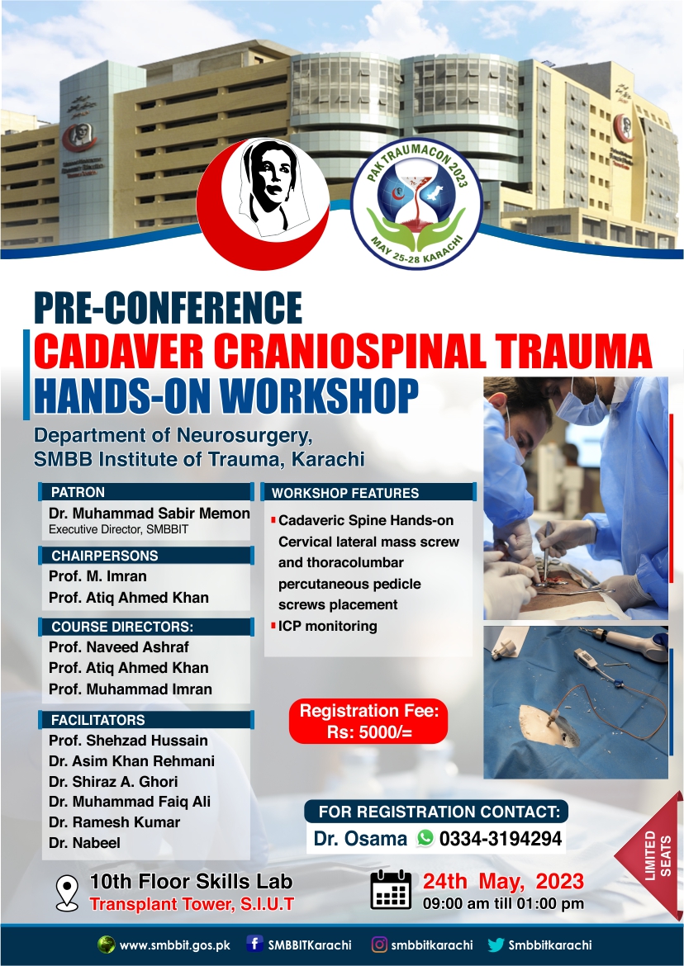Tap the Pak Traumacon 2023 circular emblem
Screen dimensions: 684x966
click(x=416, y=203)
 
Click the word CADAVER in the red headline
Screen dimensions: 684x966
click(x=118, y=351)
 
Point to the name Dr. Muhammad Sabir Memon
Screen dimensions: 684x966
click(x=150, y=514)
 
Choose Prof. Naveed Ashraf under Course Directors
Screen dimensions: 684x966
click(x=119, y=646)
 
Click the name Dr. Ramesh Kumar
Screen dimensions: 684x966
click(x=115, y=822)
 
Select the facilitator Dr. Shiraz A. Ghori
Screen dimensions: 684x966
click(x=113, y=781)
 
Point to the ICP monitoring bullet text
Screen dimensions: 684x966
click(x=327, y=626)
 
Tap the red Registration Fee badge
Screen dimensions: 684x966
click(x=368, y=721)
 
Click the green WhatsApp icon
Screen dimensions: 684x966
click(x=425, y=838)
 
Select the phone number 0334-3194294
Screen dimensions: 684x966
click(x=501, y=839)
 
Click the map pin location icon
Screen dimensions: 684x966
click(x=67, y=893)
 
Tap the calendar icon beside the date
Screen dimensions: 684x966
click(x=391, y=889)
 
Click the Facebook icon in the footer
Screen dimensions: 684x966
click(x=254, y=945)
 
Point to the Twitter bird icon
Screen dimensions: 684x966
click(x=496, y=945)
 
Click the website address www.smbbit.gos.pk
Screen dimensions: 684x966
click(x=175, y=945)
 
